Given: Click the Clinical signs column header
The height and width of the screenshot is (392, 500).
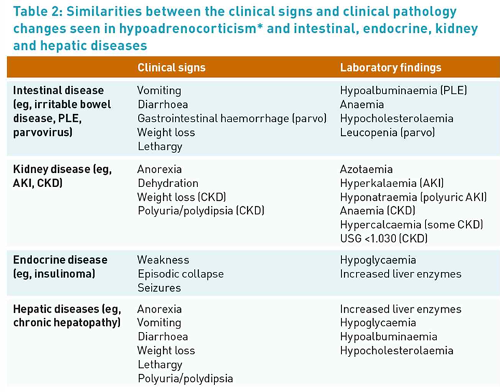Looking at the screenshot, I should click(x=171, y=68).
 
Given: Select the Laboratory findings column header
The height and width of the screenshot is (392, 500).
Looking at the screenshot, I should click(x=390, y=68).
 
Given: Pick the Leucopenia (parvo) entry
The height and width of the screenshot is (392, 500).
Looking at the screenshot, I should click(x=387, y=132).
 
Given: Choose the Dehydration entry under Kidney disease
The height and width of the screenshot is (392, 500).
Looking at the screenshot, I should click(x=167, y=183).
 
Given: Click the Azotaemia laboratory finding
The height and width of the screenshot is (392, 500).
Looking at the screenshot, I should click(x=366, y=169).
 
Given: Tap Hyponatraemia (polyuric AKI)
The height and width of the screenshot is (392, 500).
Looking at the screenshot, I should click(x=413, y=197).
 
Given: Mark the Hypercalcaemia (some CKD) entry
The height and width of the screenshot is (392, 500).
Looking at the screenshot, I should click(x=411, y=225).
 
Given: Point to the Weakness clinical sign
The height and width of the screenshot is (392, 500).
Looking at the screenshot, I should click(x=163, y=260).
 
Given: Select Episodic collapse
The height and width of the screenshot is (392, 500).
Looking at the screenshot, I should click(x=180, y=274).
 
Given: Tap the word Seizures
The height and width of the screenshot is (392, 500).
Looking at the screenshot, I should click(x=158, y=288).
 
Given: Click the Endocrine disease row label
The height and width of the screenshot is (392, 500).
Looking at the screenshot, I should click(x=60, y=260).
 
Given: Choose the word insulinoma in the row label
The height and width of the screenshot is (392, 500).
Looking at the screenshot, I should click(x=66, y=274).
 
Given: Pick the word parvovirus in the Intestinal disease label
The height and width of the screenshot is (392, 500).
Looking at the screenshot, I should click(x=40, y=132).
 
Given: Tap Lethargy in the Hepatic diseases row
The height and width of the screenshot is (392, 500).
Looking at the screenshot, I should click(x=159, y=365).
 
